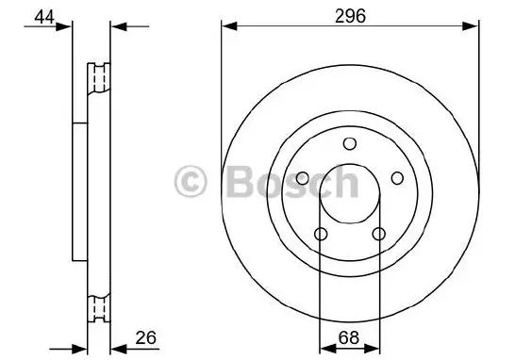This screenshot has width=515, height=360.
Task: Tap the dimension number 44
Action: click(x=42, y=16)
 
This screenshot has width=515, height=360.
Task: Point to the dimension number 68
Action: click(x=349, y=336)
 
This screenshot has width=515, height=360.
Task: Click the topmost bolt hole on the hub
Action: click(x=349, y=143)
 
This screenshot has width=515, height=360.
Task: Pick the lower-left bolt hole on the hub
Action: click(x=322, y=234)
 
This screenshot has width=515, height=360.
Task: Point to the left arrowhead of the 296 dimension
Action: click(x=227, y=28)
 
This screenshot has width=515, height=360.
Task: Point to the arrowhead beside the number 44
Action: click(x=67, y=28)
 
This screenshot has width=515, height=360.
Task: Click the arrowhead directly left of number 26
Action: click(x=115, y=348)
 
